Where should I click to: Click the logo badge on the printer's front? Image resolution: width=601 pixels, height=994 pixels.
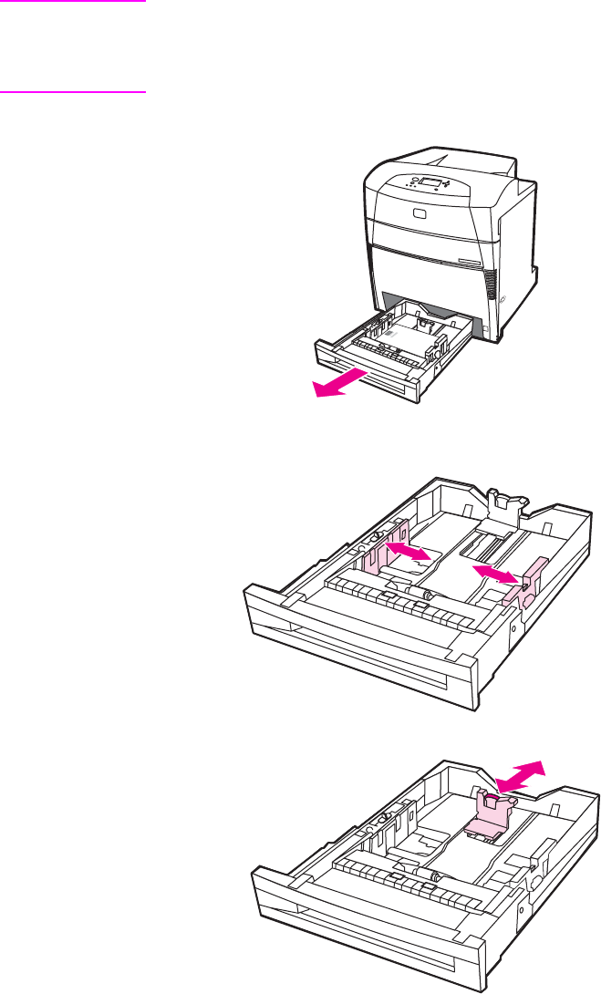(x=420, y=212)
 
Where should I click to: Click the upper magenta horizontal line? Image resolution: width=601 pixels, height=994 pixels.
(x=73, y=2)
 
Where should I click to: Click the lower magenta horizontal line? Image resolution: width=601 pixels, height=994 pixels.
(x=73, y=91)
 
